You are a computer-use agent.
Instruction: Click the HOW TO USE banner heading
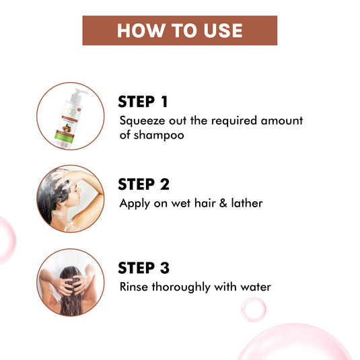(180, 31)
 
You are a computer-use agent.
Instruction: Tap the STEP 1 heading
(143, 102)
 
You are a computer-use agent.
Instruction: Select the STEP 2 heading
(143, 184)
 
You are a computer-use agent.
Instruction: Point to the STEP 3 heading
(143, 268)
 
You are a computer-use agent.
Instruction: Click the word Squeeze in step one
(140, 121)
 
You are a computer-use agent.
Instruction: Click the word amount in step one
(282, 121)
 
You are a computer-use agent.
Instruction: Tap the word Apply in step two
(133, 204)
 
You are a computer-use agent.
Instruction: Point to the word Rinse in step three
(133, 287)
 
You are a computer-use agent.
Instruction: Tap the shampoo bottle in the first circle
(70, 112)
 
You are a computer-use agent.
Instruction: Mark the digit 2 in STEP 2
(163, 184)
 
